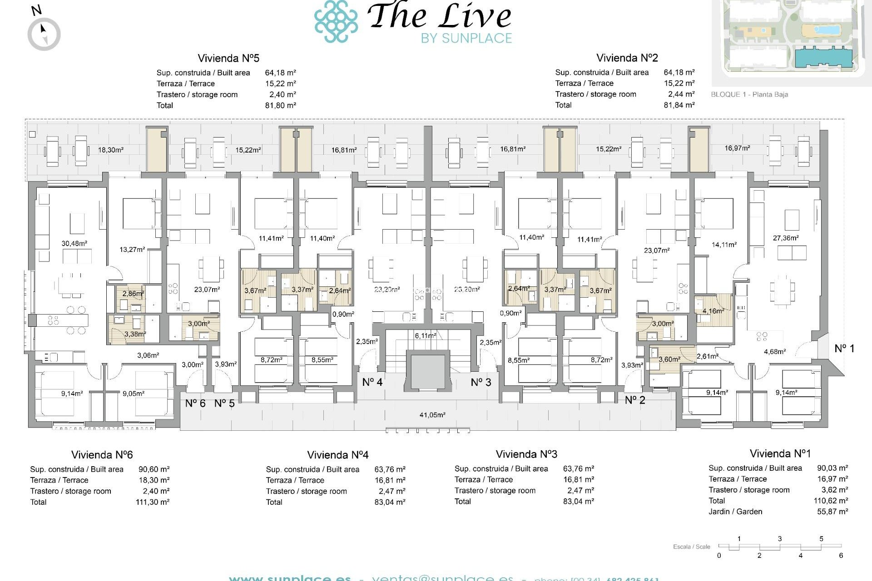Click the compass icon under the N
44,34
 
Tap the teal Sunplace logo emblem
336,21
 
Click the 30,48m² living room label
74,244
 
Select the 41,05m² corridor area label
432,415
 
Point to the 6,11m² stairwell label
425,336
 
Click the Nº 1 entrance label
844,349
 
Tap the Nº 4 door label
372,383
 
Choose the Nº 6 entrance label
195,404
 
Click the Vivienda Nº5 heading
228,58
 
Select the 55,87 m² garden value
832,512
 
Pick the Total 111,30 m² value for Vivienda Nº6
153,502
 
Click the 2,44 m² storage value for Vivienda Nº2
681,94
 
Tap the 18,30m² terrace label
111,150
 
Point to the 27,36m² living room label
786,238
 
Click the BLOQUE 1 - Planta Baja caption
749,94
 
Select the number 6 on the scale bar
841,556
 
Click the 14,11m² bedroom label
724,245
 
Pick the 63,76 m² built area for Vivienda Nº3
578,469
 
